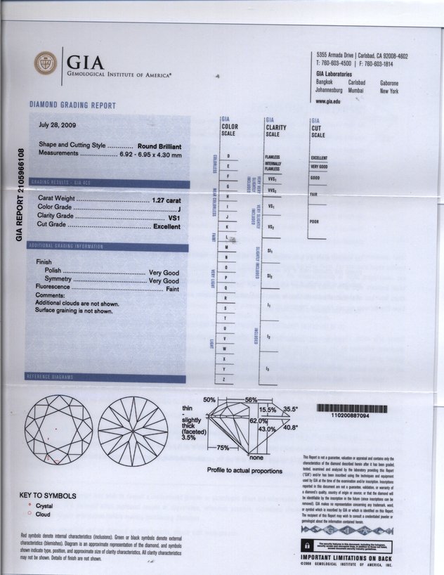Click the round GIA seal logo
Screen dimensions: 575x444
pos(46,64)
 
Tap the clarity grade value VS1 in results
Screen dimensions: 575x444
pos(176,217)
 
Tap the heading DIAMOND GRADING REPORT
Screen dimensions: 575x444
pos(72,105)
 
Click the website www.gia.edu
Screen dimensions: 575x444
pos(328,101)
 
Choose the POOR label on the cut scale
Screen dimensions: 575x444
pos(315,221)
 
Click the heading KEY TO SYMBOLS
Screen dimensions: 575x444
pos(48,495)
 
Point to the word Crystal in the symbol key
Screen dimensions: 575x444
pos(44,505)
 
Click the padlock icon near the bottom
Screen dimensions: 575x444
pos(308,545)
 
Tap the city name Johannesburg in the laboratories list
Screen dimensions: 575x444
pos(329,91)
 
